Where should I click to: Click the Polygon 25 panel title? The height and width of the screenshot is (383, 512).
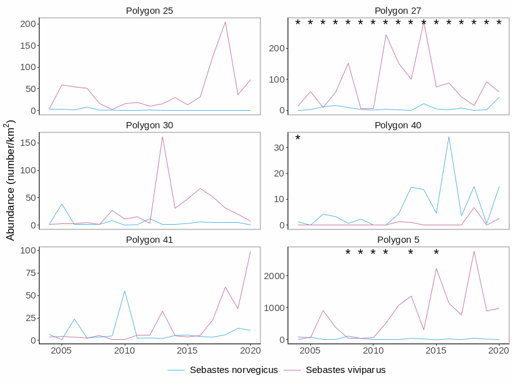tap(149, 11)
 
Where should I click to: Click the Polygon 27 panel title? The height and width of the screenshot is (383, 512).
tap(398, 11)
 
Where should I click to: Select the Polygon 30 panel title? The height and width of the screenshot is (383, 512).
tap(149, 125)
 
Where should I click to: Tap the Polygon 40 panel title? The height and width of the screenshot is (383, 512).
tap(398, 125)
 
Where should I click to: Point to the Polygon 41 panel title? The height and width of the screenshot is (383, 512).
tap(149, 240)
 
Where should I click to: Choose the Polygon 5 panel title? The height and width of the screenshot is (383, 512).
tap(398, 240)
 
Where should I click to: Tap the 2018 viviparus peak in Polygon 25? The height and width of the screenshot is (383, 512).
tap(225, 22)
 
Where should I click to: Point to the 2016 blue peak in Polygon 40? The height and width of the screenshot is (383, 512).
tap(449, 136)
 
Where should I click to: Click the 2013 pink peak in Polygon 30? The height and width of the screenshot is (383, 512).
tap(162, 136)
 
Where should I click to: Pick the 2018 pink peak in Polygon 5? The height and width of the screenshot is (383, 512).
tap(474, 252)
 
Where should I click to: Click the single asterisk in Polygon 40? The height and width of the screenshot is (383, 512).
tap(298, 138)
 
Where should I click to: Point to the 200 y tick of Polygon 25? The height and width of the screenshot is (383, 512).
tap(27, 24)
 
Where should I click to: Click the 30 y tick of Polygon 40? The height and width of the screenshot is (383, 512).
tap(280, 147)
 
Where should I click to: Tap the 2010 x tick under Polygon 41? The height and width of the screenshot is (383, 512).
tap(125, 351)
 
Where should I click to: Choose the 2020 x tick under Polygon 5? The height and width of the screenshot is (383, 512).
tap(499, 351)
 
